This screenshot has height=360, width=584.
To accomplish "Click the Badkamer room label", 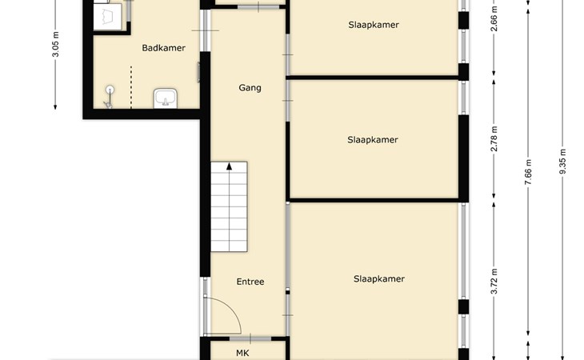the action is point(163,48).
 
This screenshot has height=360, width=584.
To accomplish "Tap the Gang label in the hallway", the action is point(250,88).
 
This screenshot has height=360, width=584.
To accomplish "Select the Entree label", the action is point(250,282).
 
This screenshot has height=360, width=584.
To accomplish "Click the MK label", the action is point(242,353).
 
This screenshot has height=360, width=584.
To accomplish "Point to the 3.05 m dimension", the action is point(55,44).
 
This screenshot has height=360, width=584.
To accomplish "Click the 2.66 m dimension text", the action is point(494,18).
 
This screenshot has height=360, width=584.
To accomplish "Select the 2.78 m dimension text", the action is point(494,139).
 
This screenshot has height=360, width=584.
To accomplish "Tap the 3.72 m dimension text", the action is point(494,282).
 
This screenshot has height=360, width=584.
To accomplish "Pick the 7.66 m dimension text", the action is point(528,172).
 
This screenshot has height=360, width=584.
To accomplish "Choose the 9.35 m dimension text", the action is point(562,161).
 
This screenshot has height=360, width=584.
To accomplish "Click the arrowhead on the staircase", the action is point(229,166).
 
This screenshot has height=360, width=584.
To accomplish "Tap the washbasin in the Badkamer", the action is point(166,98).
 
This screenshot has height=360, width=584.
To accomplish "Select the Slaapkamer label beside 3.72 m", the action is point(378,279).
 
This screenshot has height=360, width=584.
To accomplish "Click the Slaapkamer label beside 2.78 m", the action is point(373,140).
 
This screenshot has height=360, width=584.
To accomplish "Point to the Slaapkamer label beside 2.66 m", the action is point(374,25).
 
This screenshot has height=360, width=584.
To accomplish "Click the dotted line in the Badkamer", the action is point(131,87).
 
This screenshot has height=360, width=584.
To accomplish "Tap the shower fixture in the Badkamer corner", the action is point(109,97).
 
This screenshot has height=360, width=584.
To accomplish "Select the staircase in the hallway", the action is point(229,206).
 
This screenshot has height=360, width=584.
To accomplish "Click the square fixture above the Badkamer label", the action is point(107,17).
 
